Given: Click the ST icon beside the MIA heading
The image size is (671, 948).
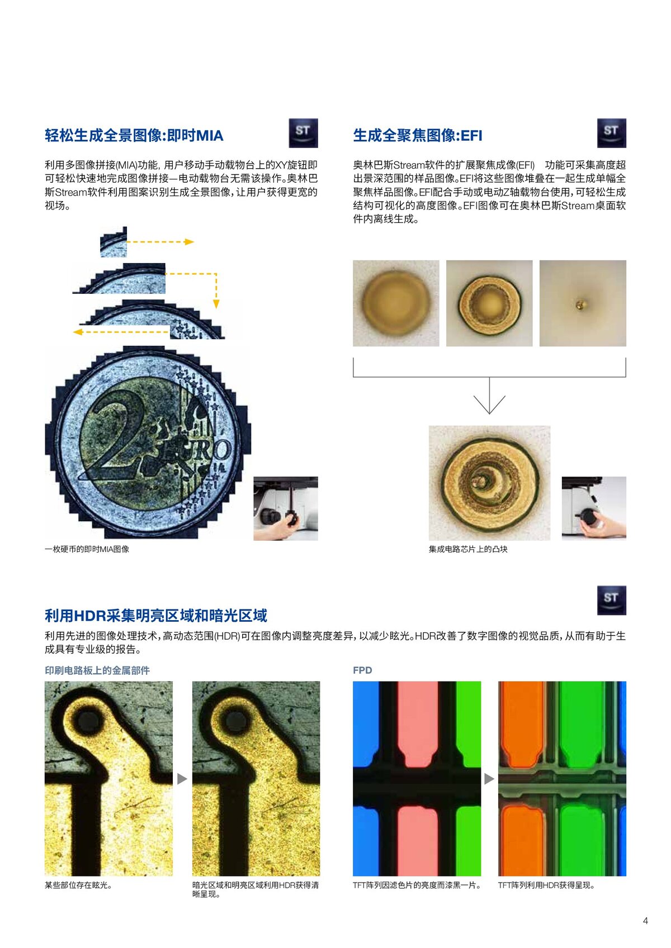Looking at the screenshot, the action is tap(303, 133).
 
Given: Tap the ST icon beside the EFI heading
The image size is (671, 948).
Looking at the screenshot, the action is tap(611, 133).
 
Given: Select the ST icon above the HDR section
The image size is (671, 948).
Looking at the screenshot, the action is tap(611, 600).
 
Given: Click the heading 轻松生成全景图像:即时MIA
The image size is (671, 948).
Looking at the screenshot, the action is tap(134, 135).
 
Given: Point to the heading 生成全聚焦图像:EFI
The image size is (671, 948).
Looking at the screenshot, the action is tap(418, 135).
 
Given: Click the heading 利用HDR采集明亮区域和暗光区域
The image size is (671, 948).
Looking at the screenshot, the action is tap(156, 616).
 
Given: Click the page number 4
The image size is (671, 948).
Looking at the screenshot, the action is tap(645, 921).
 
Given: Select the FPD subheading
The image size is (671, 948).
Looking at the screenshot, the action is tap(362, 670).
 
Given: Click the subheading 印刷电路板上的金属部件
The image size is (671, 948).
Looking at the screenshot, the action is tap(97, 670).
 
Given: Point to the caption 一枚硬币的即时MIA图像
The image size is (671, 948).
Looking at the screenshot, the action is tap(87, 549).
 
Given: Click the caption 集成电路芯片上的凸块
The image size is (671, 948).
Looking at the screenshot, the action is tap(468, 549).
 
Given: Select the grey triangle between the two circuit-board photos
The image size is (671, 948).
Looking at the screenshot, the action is tap(182, 779).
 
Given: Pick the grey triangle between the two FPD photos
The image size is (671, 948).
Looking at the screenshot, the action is tap(489, 779).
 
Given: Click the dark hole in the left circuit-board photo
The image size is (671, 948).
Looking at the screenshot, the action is tap(88, 720).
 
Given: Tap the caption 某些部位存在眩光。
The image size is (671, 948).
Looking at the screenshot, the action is tap(78, 885).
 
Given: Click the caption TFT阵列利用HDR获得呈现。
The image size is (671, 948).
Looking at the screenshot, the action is tap(546, 885).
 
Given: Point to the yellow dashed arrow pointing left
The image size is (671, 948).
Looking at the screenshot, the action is tap(121, 332).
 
